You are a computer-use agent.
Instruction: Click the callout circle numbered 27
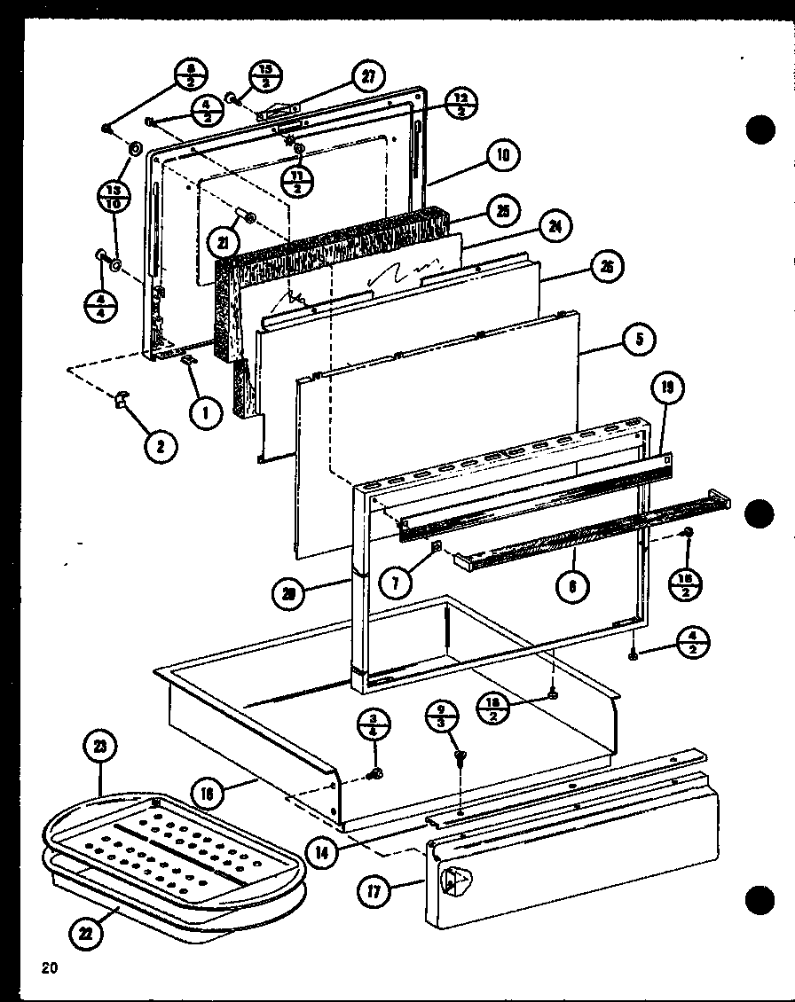365,77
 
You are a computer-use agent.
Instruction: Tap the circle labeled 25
502,211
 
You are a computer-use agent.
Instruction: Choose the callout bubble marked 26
608,267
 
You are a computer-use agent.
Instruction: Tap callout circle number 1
205,411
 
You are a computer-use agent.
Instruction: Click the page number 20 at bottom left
48,967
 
